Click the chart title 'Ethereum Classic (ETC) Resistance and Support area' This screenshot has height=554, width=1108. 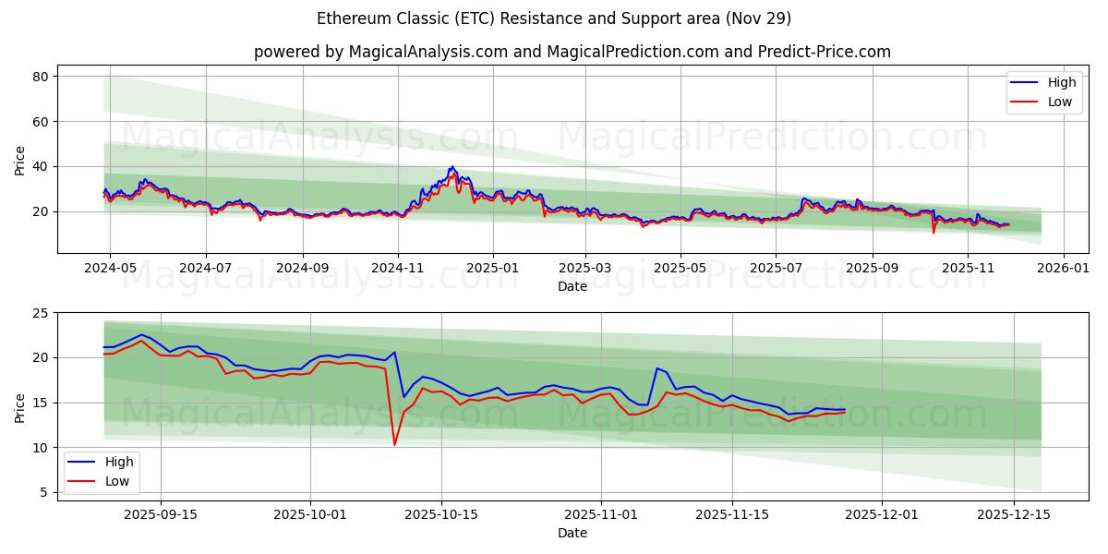tap(553, 18)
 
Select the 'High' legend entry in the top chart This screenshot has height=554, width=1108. tap(1042, 82)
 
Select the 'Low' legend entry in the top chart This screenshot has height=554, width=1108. tap(1042, 102)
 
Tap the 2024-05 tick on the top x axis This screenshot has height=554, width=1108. tap(110, 269)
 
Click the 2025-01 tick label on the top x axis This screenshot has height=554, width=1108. tap(492, 269)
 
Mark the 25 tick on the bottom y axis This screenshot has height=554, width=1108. tap(39, 313)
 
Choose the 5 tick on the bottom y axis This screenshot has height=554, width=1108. tap(42, 493)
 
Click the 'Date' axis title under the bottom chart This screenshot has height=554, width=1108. tap(572, 534)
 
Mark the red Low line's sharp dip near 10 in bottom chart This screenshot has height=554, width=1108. tap(395, 445)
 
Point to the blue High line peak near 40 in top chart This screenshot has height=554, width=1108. tap(452, 167)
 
